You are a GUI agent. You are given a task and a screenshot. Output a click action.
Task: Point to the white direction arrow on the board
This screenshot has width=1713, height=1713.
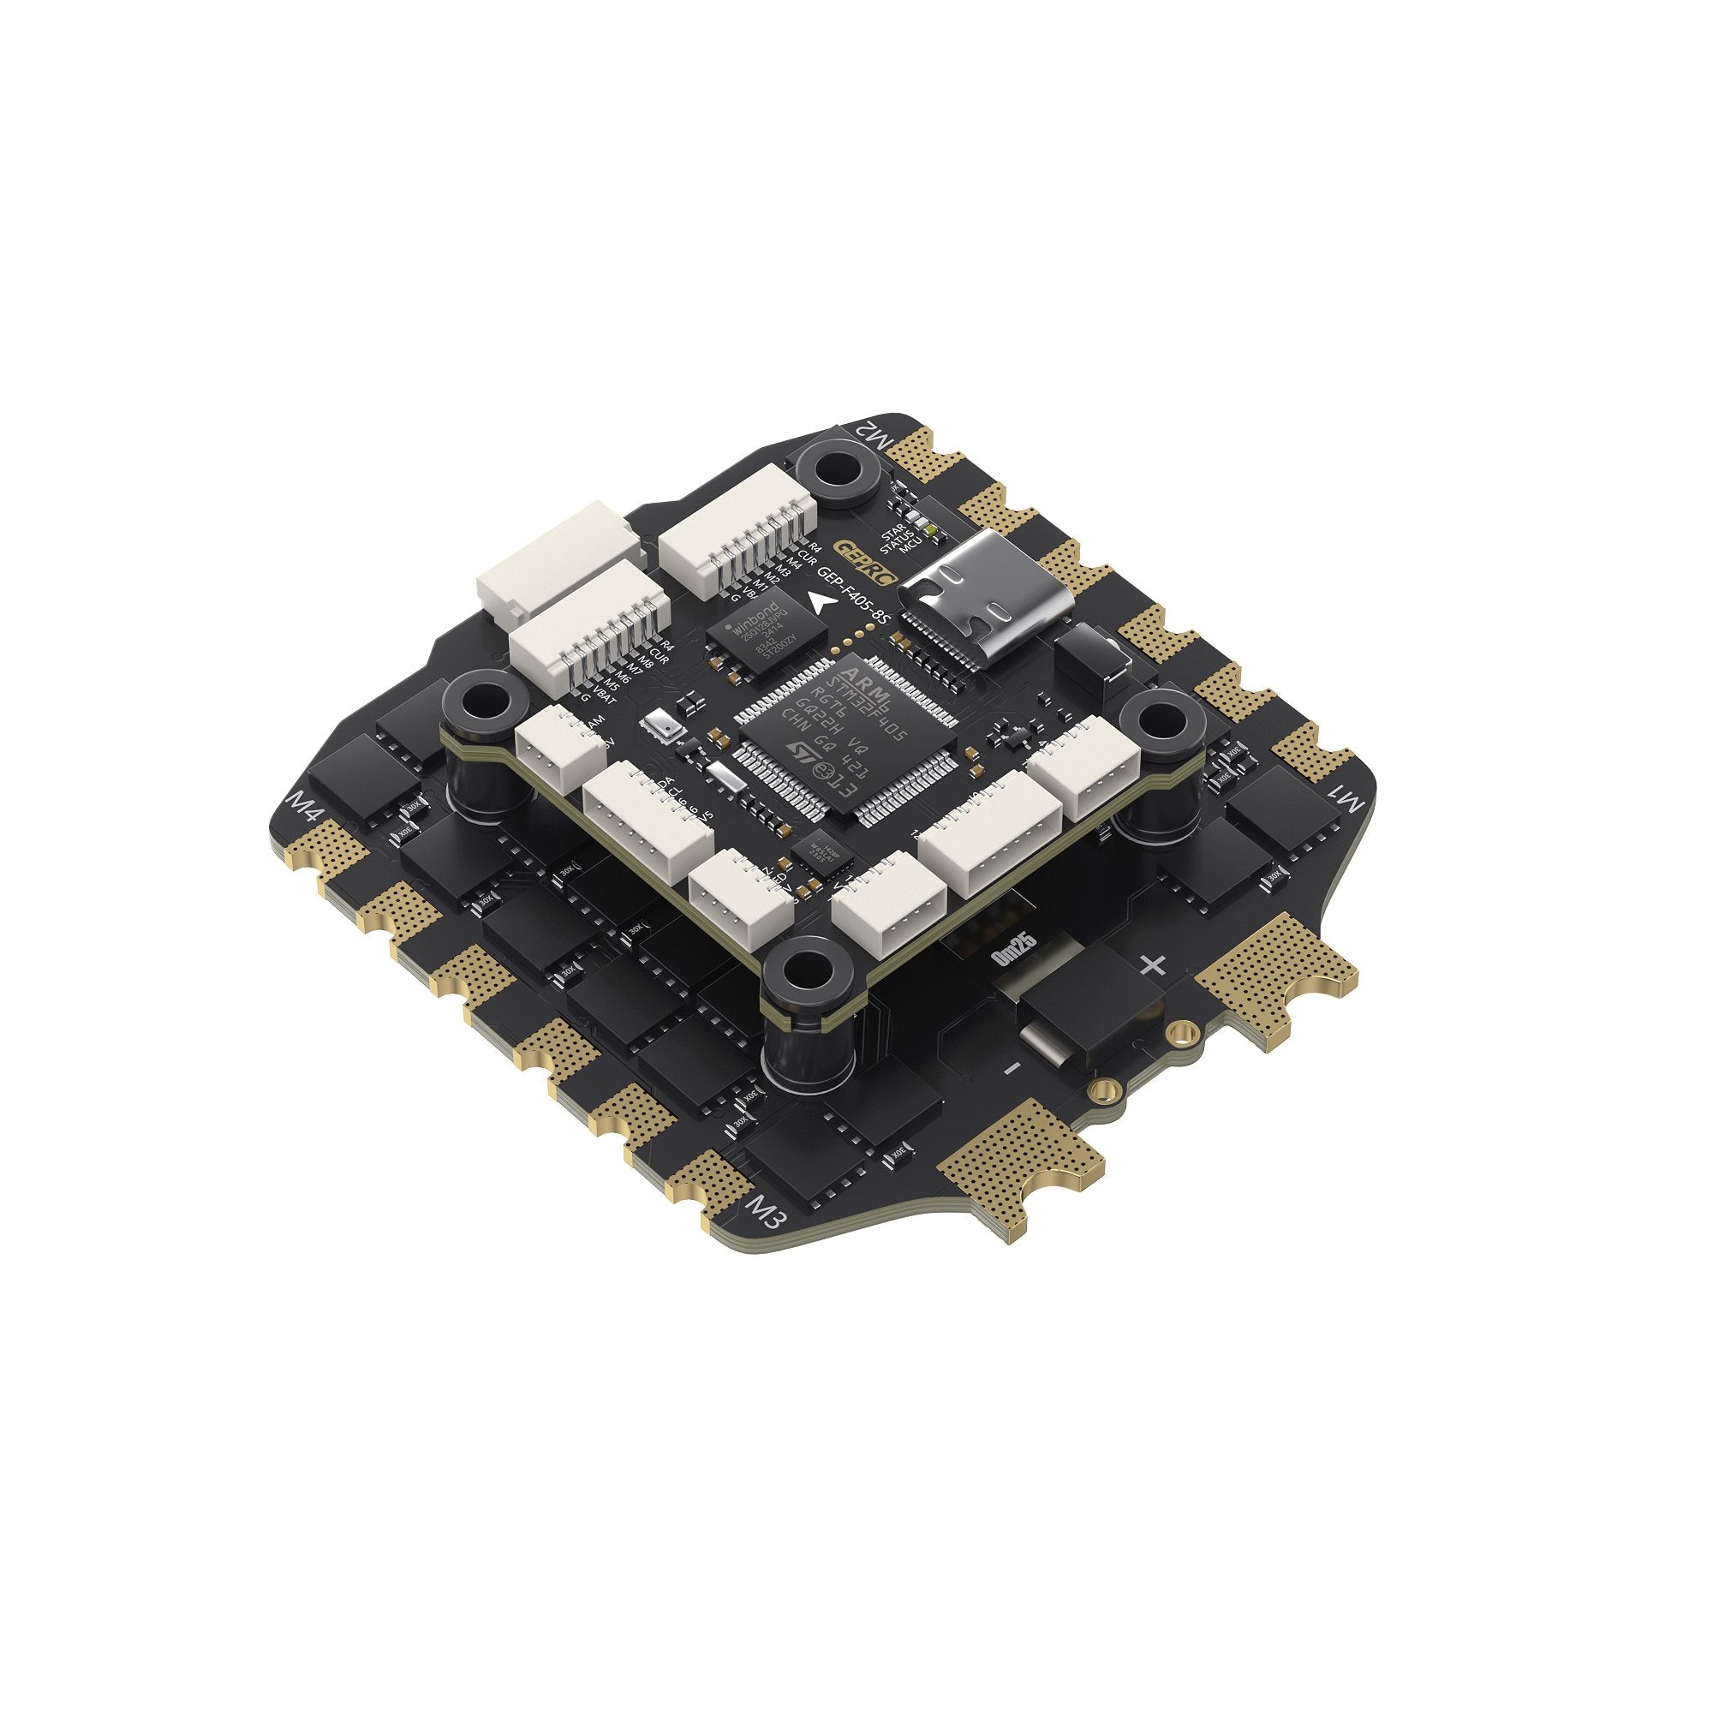point(821,603)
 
